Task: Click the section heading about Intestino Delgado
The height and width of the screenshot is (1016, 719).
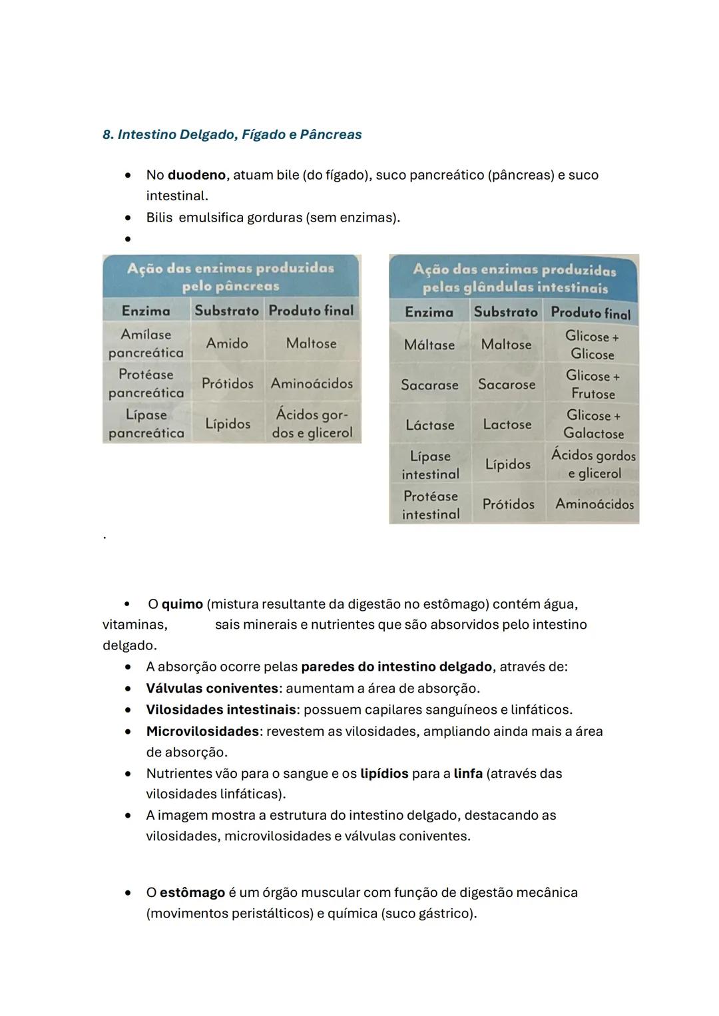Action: [232, 134]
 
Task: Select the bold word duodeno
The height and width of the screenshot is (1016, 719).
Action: [196, 175]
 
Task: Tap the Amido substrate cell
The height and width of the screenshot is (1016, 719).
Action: [227, 343]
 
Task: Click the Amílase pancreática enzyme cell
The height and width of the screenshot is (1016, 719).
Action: [146, 343]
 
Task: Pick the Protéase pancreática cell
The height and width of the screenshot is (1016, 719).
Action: [146, 383]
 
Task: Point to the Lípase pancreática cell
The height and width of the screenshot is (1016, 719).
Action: [146, 424]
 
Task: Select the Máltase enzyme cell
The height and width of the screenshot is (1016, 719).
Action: [429, 345]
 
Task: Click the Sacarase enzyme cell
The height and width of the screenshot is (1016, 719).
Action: [429, 385]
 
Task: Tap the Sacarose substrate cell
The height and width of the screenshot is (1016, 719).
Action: [507, 385]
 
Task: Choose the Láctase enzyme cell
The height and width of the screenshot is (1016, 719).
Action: [429, 424]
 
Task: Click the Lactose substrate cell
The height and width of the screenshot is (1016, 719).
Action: [507, 424]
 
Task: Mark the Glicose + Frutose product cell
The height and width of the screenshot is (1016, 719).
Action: [593, 385]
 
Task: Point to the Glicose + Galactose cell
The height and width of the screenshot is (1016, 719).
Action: [593, 424]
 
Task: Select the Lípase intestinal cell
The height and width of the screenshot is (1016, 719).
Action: [430, 465]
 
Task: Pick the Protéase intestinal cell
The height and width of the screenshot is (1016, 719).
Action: [430, 505]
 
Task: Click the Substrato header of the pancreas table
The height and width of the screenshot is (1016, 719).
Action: [226, 311]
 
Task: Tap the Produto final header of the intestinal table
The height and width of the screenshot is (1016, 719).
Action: [591, 313]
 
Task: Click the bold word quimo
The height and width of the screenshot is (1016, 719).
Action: [182, 604]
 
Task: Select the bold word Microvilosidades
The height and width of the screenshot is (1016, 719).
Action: [202, 731]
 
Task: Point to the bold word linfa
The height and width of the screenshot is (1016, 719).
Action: [468, 773]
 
